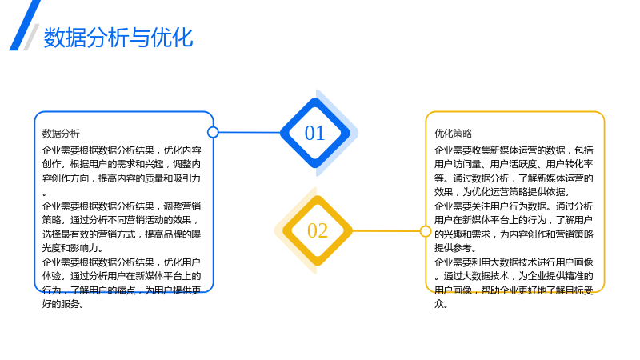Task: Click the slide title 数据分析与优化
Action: tap(118, 38)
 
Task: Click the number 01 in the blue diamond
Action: tap(314, 133)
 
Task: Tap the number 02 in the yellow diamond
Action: tap(318, 230)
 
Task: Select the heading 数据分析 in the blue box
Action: tap(61, 134)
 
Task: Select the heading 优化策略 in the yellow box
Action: tap(453, 134)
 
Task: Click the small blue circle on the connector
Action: tap(213, 132)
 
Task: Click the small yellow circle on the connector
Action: tap(426, 231)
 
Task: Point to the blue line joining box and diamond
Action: tap(250, 132)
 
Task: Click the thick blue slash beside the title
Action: tap(25, 26)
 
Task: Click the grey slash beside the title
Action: tap(31, 37)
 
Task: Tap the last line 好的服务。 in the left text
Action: tap(63, 304)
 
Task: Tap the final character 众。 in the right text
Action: tap(441, 304)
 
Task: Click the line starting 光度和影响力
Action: tap(72, 248)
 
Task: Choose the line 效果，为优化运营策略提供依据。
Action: tap(502, 192)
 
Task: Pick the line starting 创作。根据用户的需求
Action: tap(122, 164)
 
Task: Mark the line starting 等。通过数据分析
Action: tap(514, 178)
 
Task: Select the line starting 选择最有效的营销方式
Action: tap(122, 234)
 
